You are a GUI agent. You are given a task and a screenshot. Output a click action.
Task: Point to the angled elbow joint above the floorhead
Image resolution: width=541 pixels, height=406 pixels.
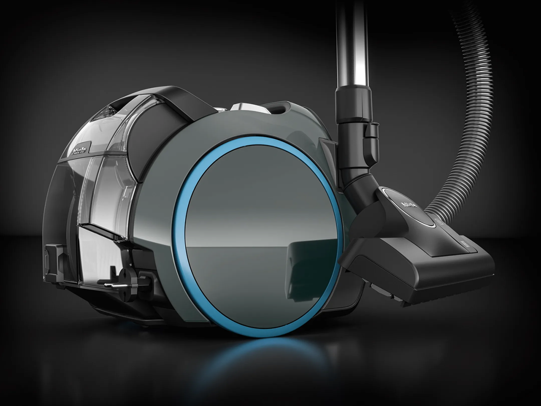point(363,188)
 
